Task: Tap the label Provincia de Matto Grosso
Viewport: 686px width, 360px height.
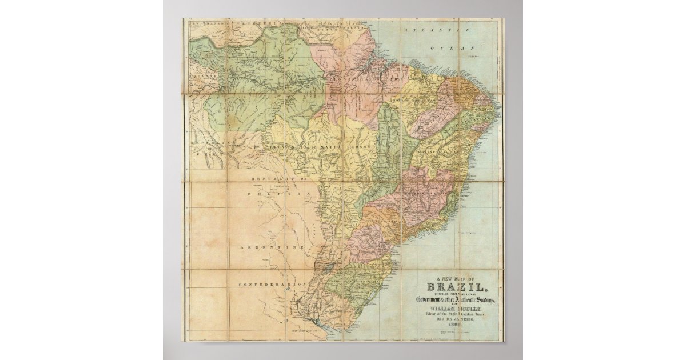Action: [x=317, y=148]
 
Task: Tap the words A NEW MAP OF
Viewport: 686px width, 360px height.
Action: [x=455, y=279]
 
